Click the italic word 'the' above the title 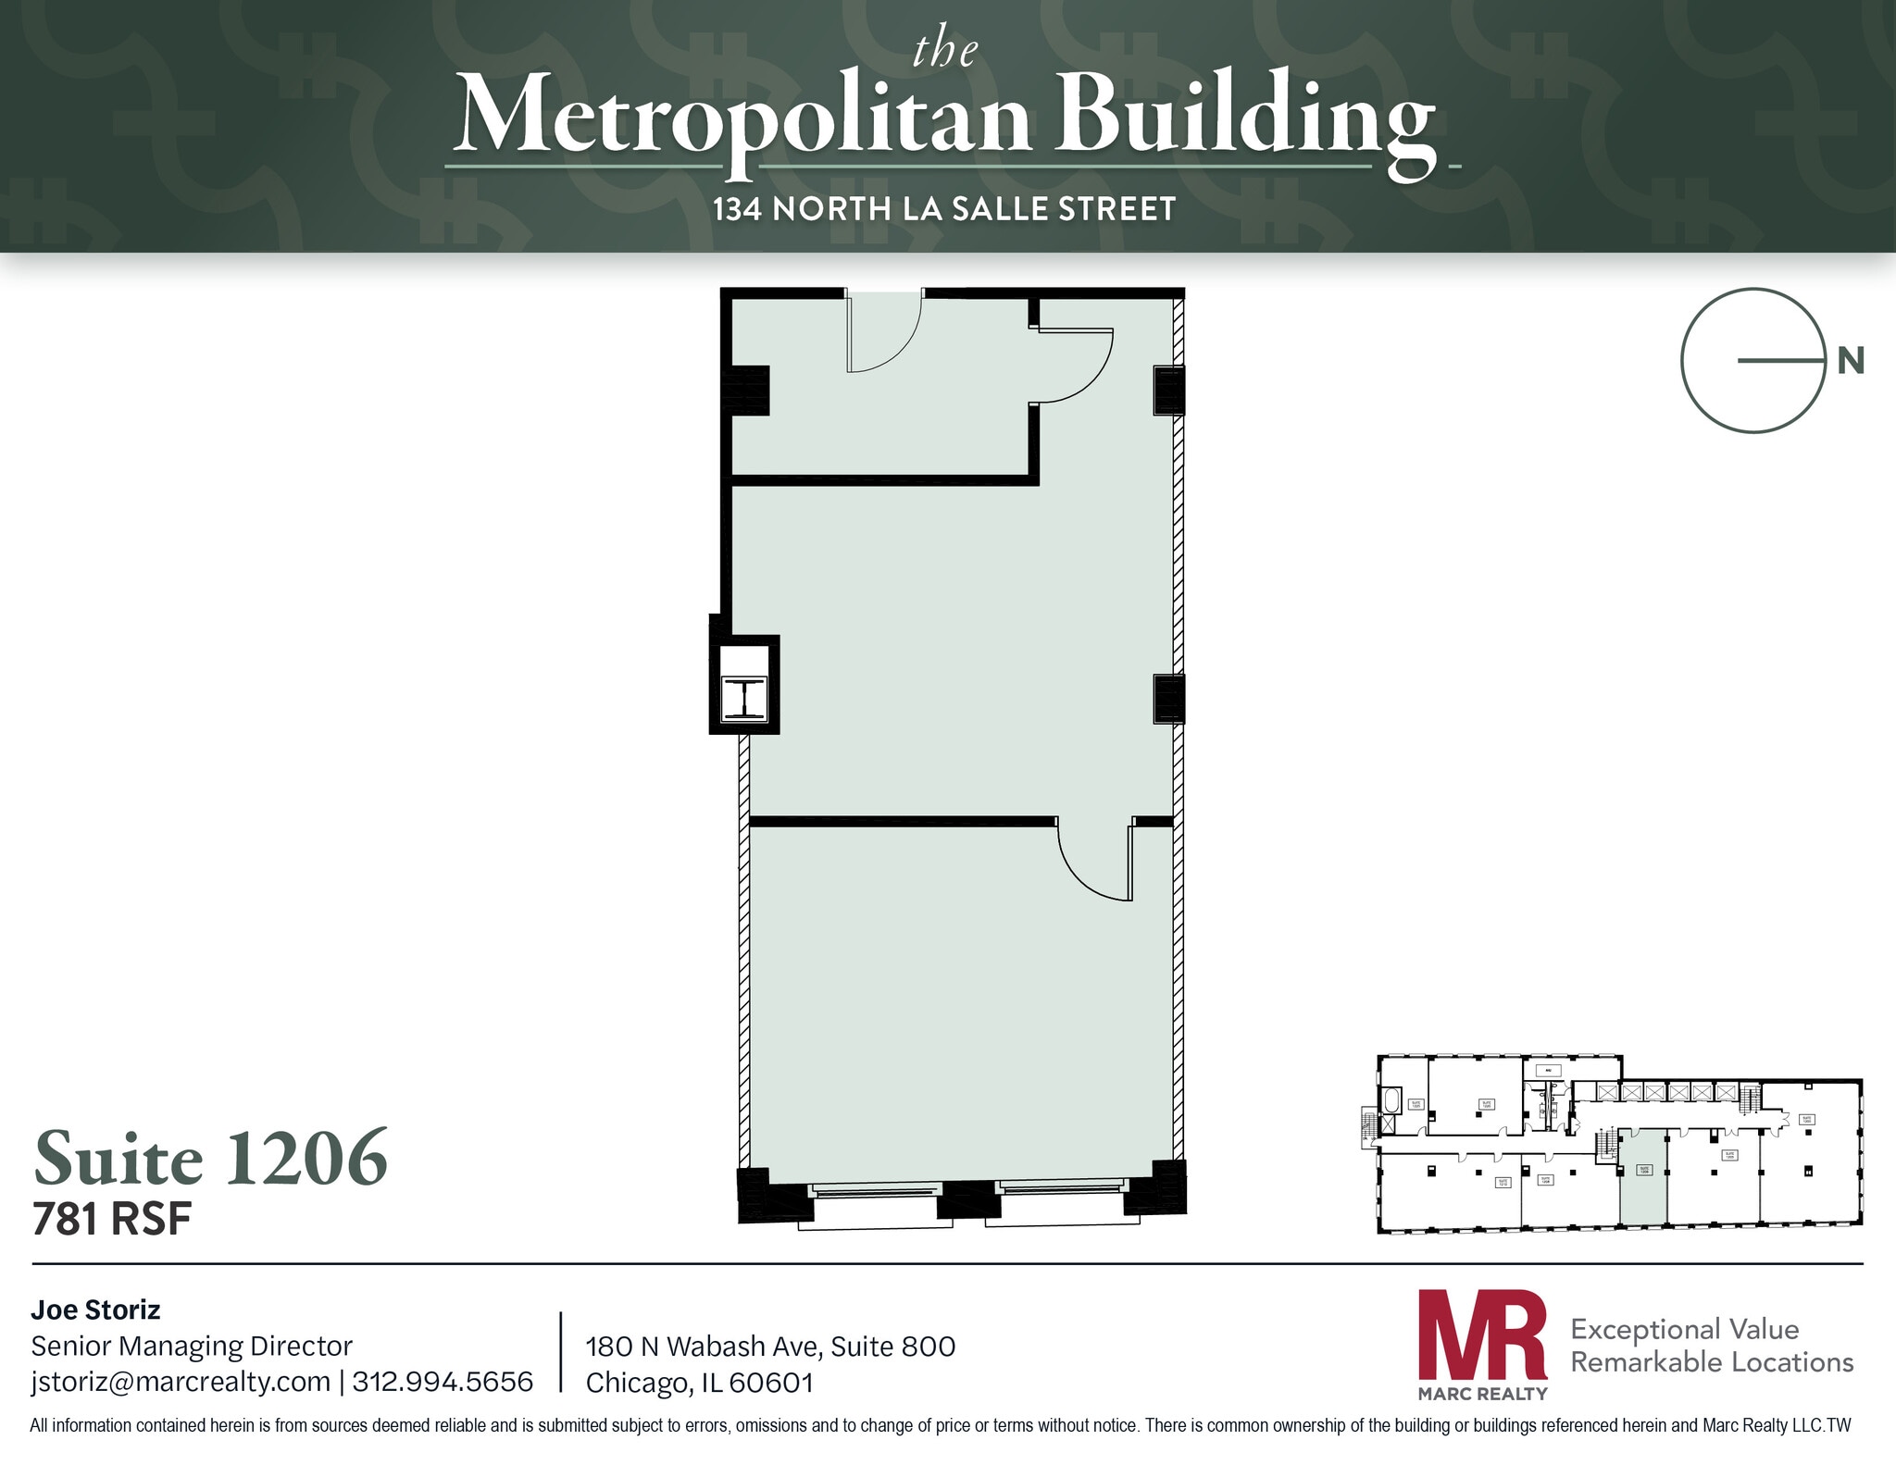coord(944,50)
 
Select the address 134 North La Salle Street coord(944,209)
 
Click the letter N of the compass coord(1850,361)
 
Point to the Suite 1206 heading coord(211,1158)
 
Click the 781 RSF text coord(112,1220)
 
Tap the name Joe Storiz coord(95,1310)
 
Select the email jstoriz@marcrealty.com coord(181,1382)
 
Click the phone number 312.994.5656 coord(443,1382)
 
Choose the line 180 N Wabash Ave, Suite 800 coord(770,1347)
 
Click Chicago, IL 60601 coord(700,1383)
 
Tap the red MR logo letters coord(1482,1335)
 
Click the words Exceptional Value coord(1684,1329)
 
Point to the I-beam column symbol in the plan coord(744,698)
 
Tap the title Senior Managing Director coord(192,1346)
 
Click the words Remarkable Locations coord(1712,1362)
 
